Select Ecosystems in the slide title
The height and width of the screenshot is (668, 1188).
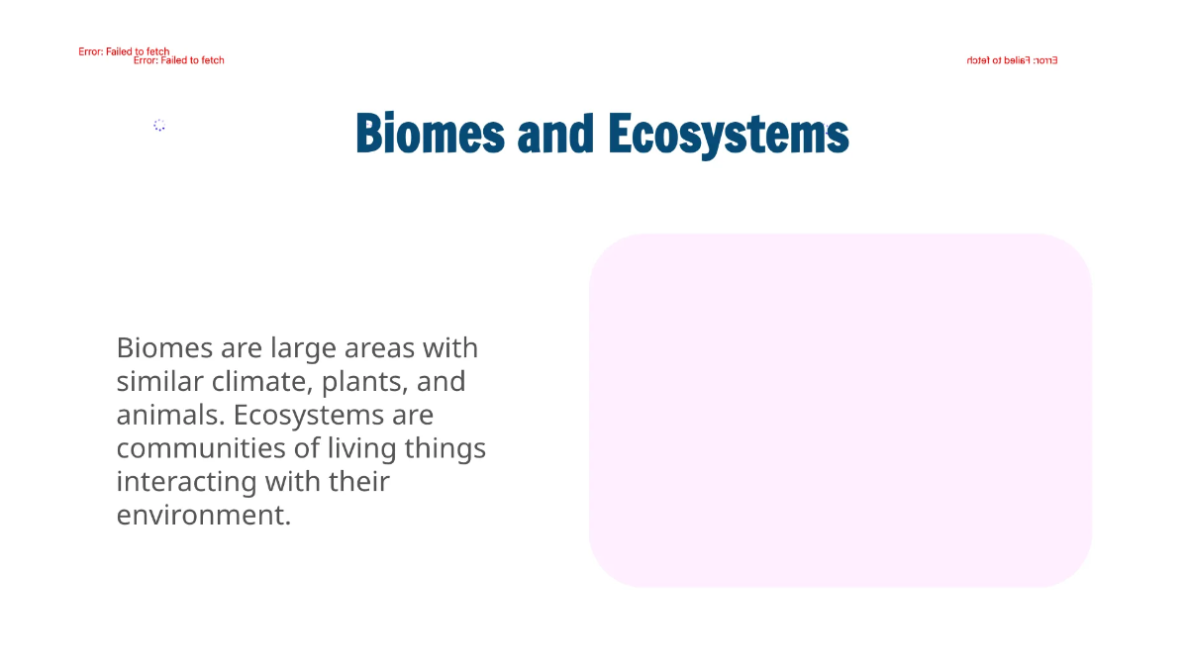point(729,137)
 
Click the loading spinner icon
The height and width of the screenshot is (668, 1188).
point(159,125)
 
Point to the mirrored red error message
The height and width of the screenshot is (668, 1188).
point(1012,60)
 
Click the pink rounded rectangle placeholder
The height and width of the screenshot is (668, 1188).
point(841,410)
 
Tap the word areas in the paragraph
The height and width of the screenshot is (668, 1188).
point(380,348)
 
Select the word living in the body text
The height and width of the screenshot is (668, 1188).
point(363,448)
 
